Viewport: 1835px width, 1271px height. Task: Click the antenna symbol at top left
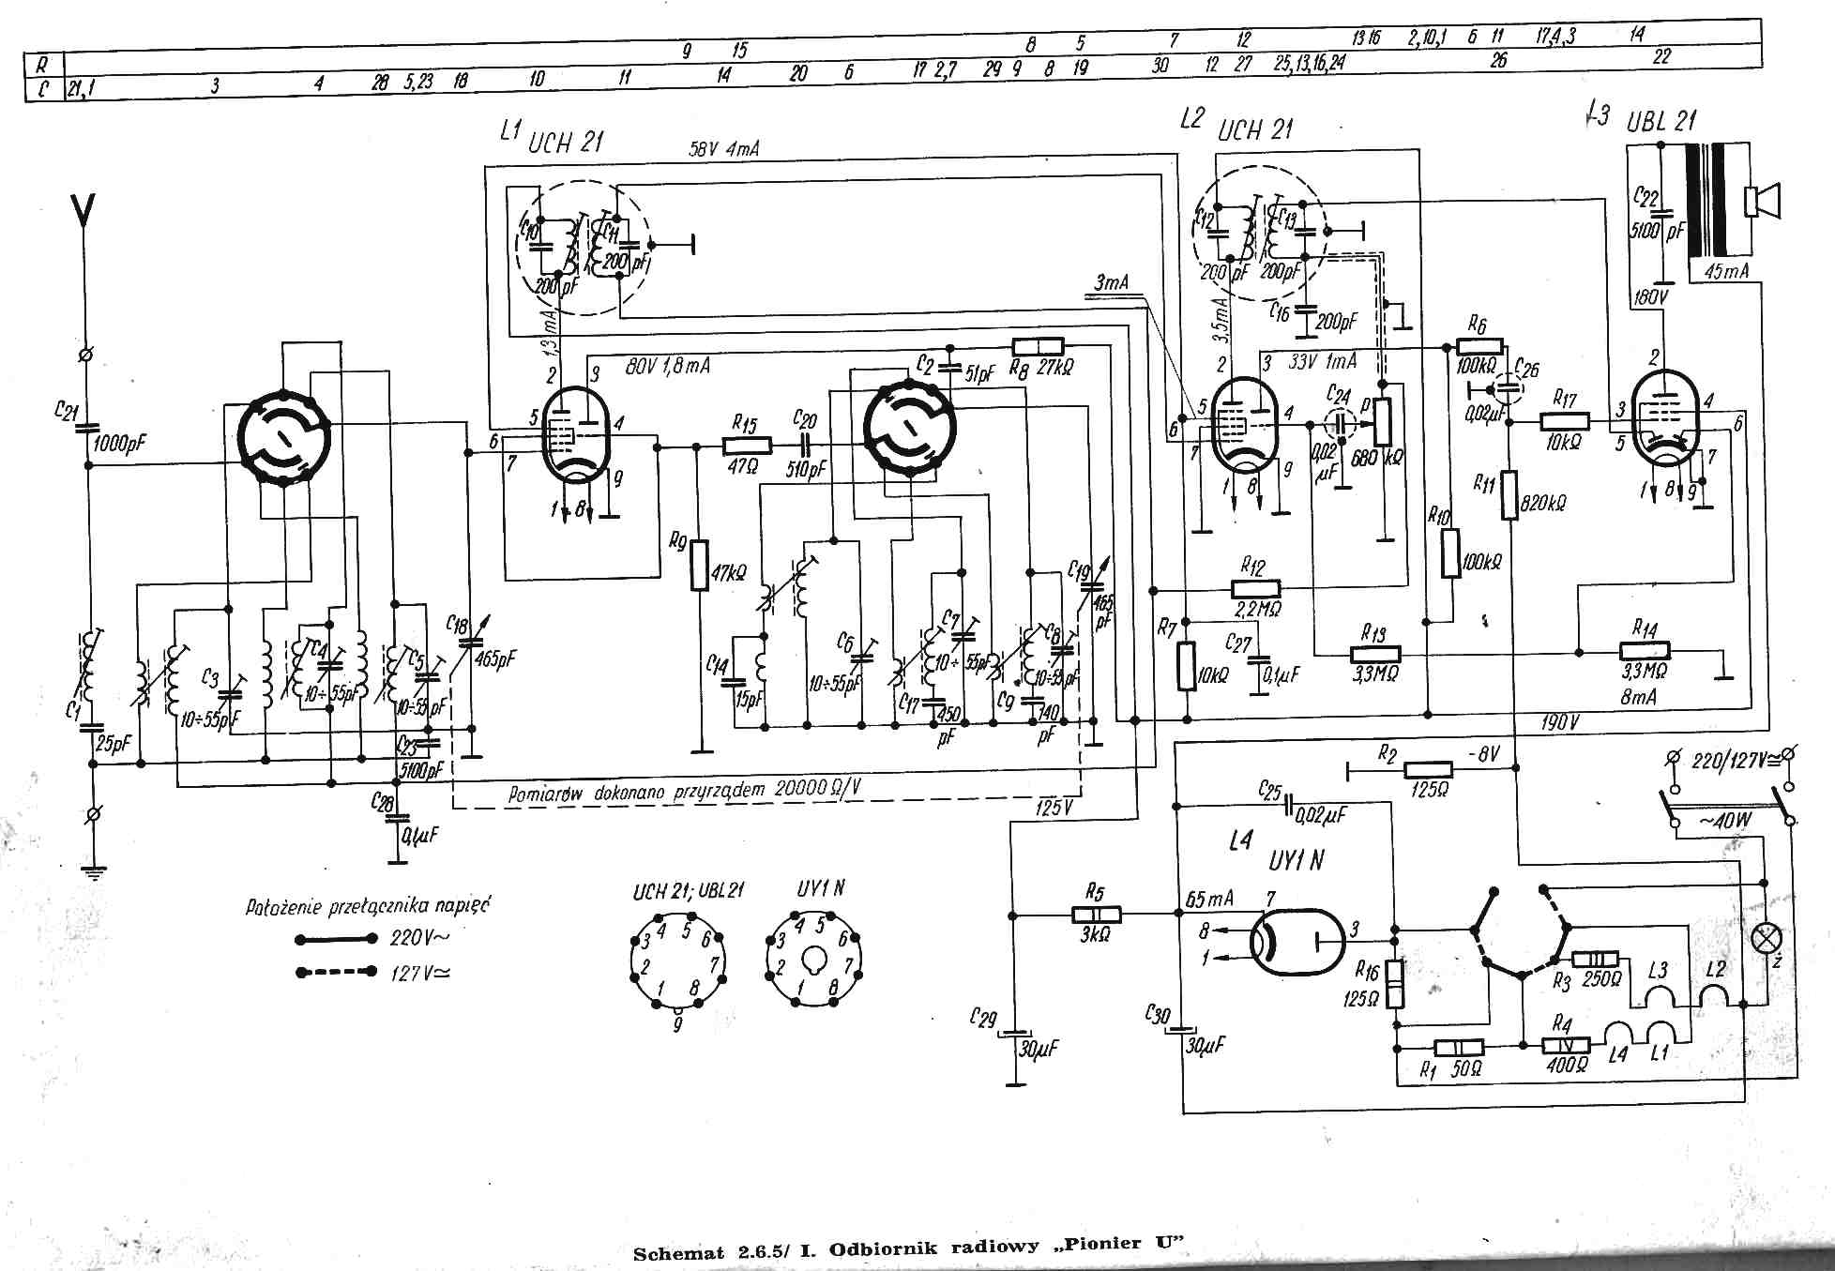83,211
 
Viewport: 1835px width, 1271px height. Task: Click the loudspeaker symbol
1761,202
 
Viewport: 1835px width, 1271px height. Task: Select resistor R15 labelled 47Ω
747,446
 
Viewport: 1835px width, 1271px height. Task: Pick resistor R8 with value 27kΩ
1039,345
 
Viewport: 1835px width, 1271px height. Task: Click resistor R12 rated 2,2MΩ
1255,589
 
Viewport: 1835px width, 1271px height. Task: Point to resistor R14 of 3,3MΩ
1645,651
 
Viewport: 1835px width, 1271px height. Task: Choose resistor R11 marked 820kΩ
1509,495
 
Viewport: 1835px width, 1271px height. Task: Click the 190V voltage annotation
1559,723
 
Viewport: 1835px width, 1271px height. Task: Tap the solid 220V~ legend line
337,938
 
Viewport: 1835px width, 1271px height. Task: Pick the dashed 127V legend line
337,972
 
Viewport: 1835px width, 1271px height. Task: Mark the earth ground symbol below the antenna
93,870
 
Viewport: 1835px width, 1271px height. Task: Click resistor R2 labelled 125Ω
1429,770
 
